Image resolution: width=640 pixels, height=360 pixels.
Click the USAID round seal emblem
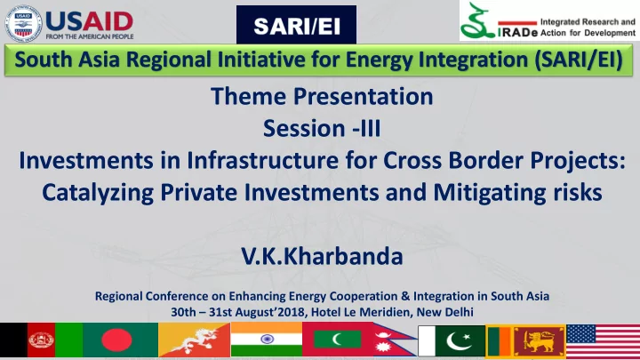pos(23,24)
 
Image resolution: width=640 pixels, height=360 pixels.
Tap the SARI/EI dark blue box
pos(296,25)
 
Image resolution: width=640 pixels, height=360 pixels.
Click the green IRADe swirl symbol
pos(476,20)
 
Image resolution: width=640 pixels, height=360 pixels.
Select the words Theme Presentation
pos(322,96)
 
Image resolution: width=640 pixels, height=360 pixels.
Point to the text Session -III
pos(322,128)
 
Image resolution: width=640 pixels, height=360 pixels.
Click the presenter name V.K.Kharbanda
pos(322,256)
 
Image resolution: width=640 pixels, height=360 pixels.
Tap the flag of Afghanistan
pos(41,340)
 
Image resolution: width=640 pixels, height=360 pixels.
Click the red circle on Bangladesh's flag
pos(116,340)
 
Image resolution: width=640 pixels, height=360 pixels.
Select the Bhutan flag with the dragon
pos(195,340)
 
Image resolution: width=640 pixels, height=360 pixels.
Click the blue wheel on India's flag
pos(267,339)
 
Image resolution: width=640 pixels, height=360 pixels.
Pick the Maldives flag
pos(338,340)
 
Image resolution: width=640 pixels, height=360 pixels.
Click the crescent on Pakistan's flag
pos(458,340)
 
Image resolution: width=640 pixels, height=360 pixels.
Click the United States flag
pos(604,341)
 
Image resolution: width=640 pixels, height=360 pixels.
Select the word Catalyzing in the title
pos(98,192)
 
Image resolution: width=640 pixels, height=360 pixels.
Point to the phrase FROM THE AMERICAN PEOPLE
pos(90,36)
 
